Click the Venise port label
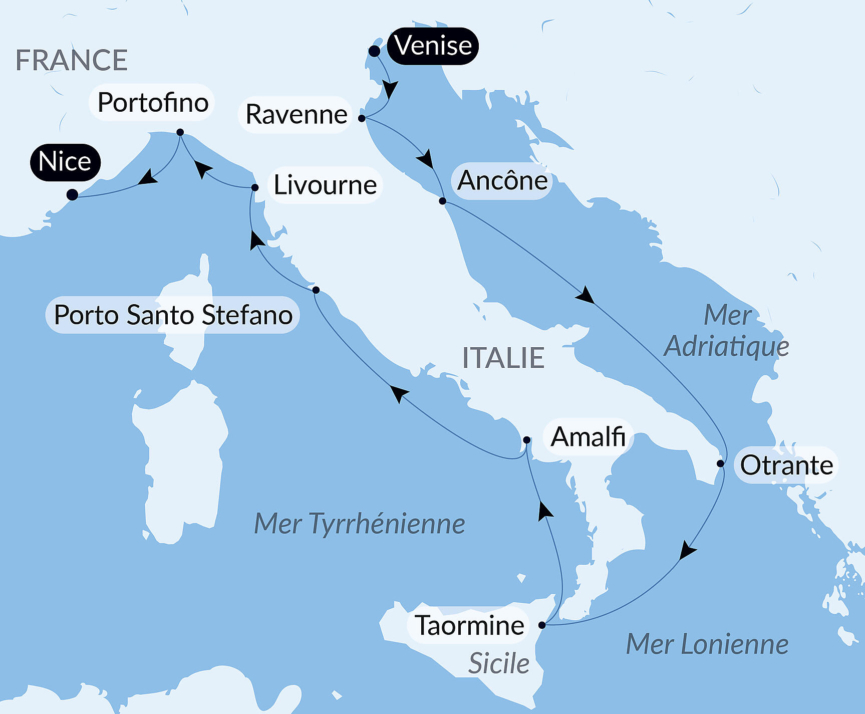(433, 46)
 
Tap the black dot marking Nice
(72, 194)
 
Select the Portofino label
(152, 103)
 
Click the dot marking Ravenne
(362, 118)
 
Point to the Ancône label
(502, 181)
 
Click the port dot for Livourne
(255, 187)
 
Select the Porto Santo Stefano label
(173, 315)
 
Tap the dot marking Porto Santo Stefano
(316, 290)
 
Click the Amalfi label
(588, 437)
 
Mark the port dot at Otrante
(720, 463)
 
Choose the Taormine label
(469, 626)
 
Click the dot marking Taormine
(542, 625)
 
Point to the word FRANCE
(72, 61)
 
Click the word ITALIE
(503, 358)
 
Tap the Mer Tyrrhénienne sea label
(359, 524)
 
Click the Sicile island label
(498, 664)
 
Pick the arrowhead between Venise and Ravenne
(390, 89)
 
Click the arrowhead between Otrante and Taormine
(687, 551)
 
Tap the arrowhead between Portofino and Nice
(148, 177)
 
